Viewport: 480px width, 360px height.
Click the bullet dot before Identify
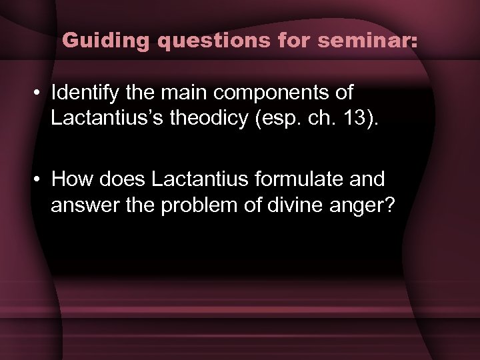click(40, 93)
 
